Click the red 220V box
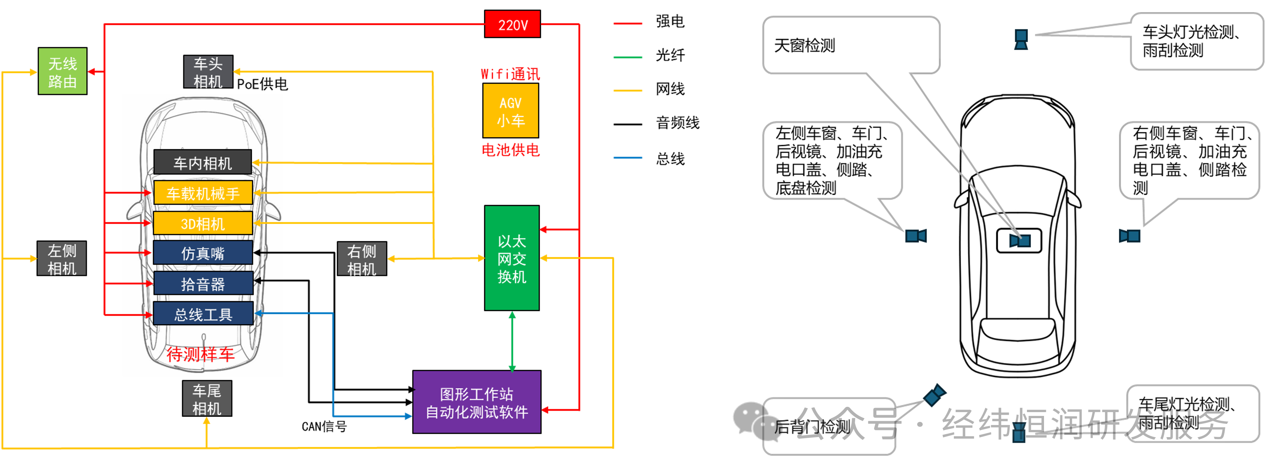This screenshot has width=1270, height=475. pyautogui.click(x=512, y=24)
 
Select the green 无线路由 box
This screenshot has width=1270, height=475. pyautogui.click(x=62, y=71)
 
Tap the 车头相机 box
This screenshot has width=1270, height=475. pyautogui.click(x=208, y=72)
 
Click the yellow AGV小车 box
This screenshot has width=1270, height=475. pyautogui.click(x=510, y=111)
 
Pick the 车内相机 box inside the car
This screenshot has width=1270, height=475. pyautogui.click(x=203, y=162)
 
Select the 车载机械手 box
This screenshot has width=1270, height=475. pyautogui.click(x=203, y=192)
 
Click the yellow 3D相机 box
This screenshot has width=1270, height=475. pyautogui.click(x=203, y=223)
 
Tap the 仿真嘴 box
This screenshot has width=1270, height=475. pyautogui.click(x=203, y=253)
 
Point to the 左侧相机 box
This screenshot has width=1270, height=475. pyautogui.click(x=62, y=258)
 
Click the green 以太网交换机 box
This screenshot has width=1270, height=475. pyautogui.click(x=512, y=258)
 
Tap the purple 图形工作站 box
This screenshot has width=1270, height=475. pyautogui.click(x=477, y=402)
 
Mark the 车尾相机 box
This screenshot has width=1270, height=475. pyautogui.click(x=207, y=398)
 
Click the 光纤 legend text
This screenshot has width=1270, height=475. pyautogui.click(x=670, y=55)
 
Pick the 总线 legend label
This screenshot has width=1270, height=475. pyautogui.click(x=670, y=159)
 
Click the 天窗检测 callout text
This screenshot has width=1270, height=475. pyautogui.click(x=805, y=45)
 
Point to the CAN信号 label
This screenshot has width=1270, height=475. pyautogui.click(x=324, y=427)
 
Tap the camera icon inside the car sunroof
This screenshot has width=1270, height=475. pyautogui.click(x=1019, y=241)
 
